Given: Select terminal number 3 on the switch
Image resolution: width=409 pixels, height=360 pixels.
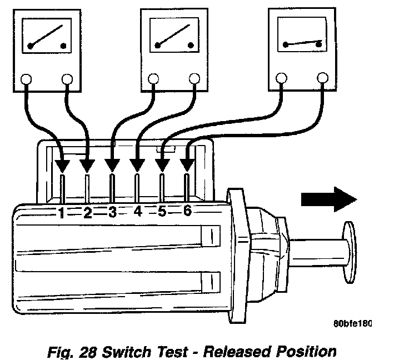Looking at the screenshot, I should (113, 212).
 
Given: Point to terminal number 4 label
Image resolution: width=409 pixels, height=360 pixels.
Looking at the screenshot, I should (138, 212).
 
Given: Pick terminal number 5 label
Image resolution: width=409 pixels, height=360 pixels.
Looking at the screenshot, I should (162, 212).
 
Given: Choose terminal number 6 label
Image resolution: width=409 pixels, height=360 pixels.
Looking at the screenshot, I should (187, 212).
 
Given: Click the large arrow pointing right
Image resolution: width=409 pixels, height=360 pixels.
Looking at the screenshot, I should (328, 198).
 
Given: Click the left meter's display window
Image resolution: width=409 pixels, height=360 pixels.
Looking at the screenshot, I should (46, 37).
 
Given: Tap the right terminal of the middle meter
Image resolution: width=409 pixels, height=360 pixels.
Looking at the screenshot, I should (194, 79).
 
